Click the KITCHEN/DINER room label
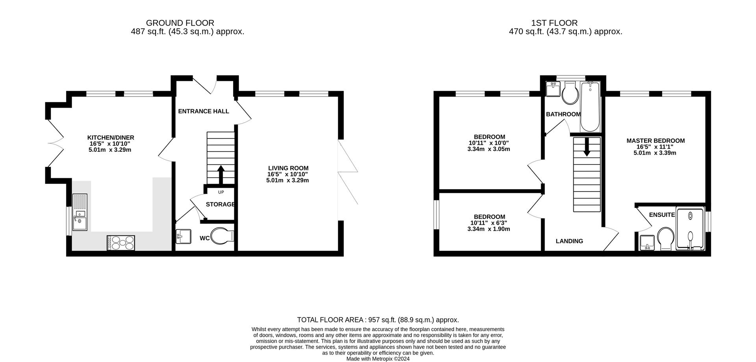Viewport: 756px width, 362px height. click(111, 138)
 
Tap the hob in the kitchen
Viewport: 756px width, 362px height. click(120, 242)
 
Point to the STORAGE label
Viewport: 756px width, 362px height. click(220, 204)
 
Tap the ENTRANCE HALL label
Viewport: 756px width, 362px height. click(203, 111)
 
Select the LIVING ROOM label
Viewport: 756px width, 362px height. click(288, 168)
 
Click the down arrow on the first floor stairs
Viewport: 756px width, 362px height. click(587, 147)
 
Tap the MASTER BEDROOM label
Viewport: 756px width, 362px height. click(656, 141)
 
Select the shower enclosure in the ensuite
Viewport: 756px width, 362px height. click(690, 229)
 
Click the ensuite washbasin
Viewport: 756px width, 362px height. click(647, 242)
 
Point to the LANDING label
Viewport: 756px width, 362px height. click(569, 241)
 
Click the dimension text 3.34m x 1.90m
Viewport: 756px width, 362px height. click(489, 229)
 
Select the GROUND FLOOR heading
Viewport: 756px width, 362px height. click(180, 23)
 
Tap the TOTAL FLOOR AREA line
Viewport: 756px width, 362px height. click(378, 320)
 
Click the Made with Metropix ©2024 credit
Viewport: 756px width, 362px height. click(378, 359)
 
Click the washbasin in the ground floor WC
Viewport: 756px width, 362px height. click(183, 237)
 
